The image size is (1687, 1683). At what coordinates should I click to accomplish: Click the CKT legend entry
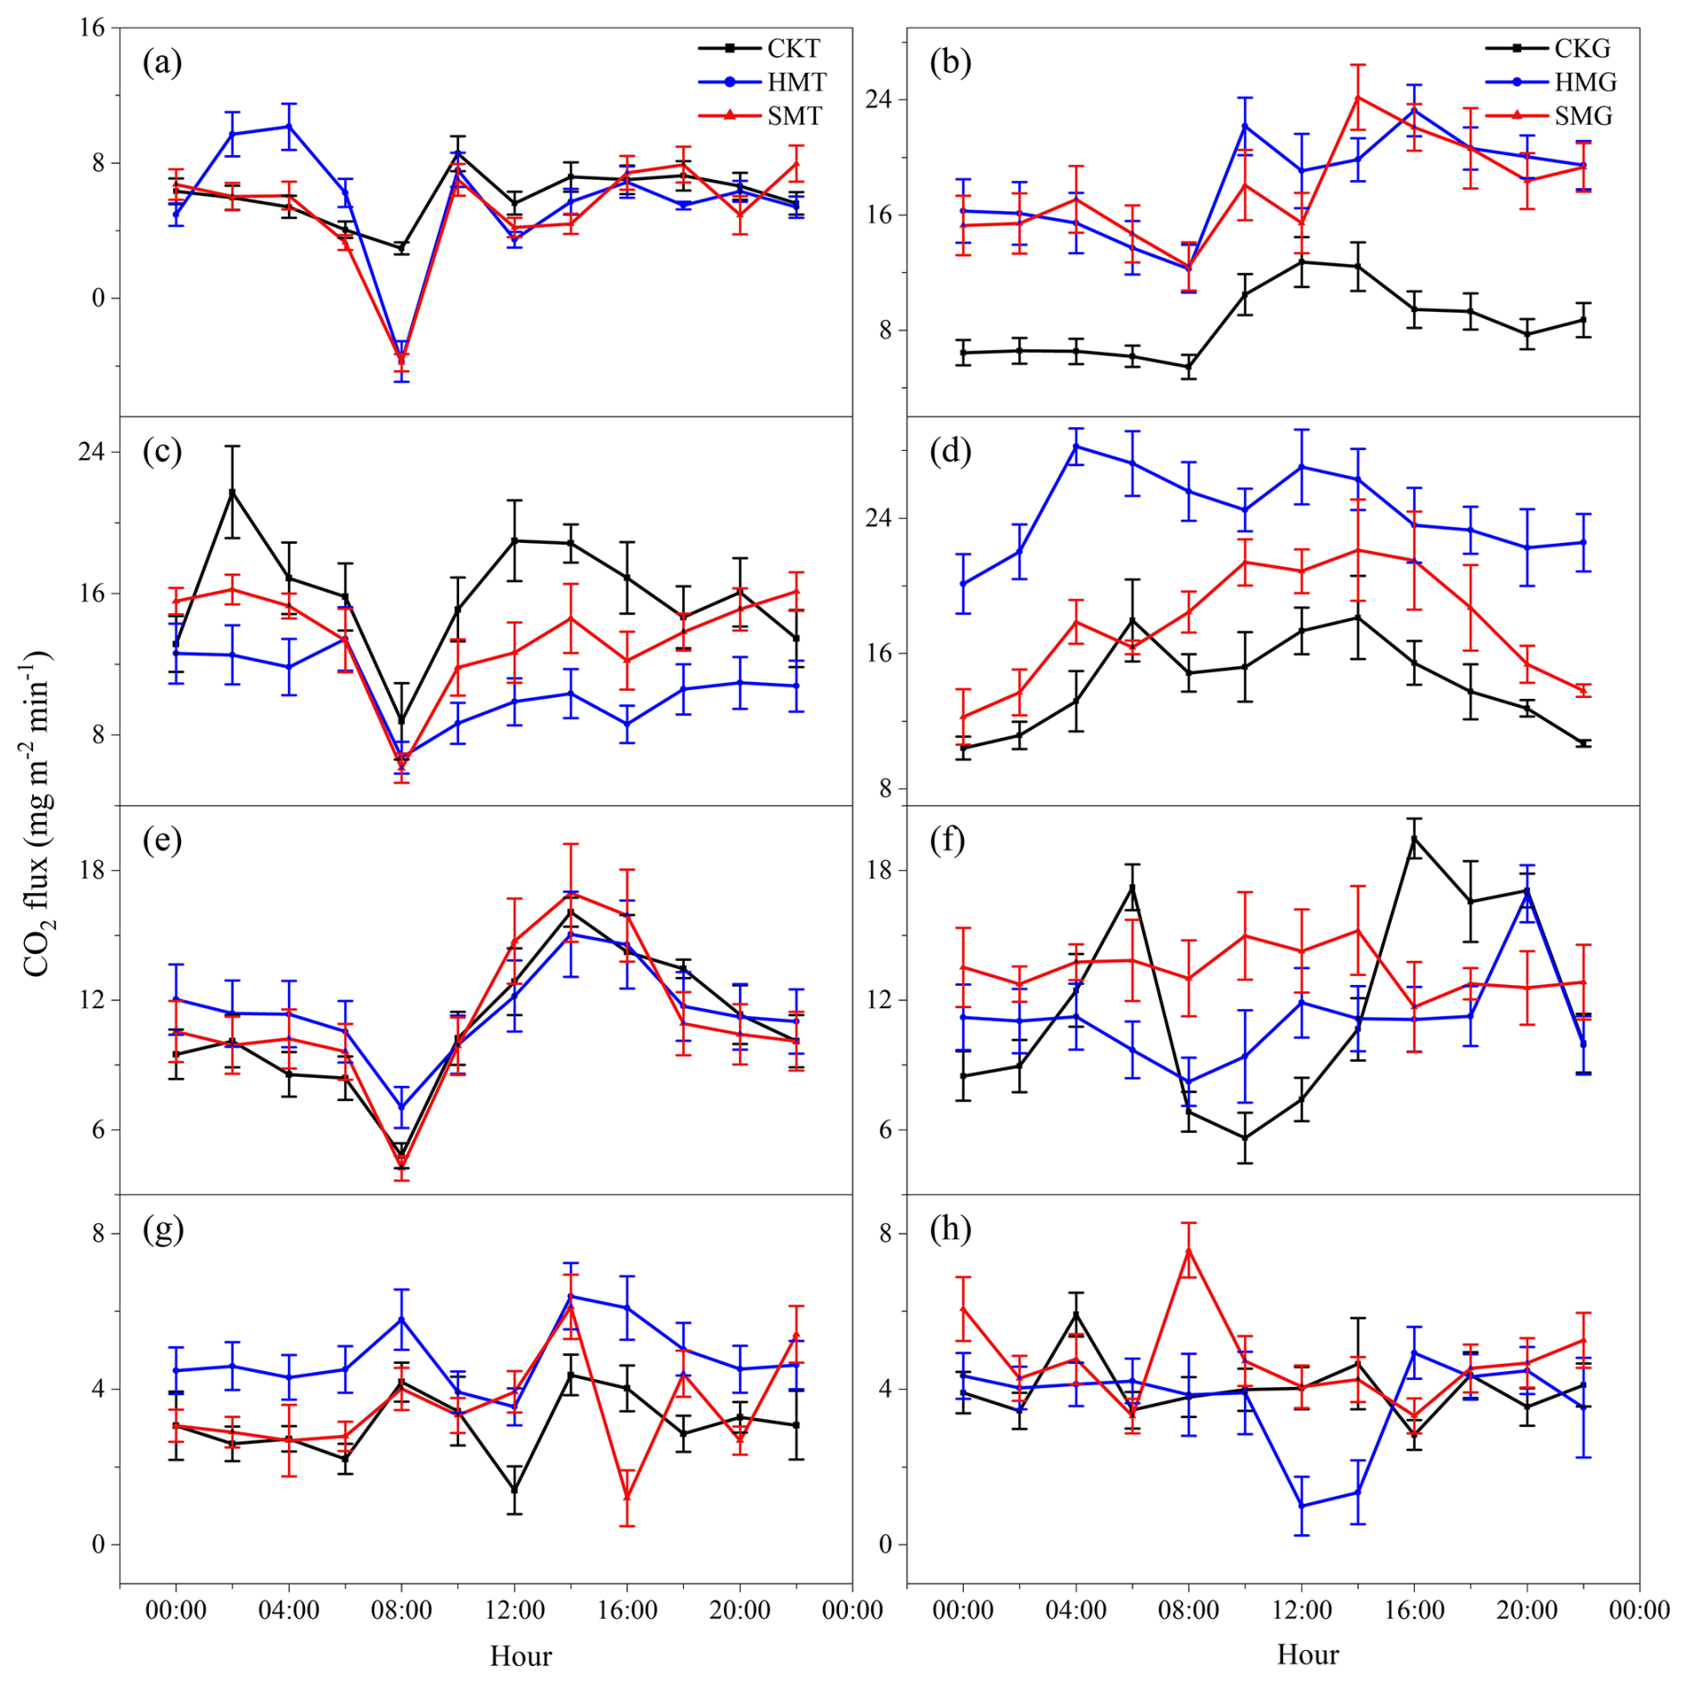click(x=759, y=48)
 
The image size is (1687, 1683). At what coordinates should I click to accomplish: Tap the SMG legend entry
click(x=1549, y=116)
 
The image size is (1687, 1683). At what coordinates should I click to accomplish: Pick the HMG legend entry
click(x=1551, y=82)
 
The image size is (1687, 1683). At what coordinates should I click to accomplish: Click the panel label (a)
click(x=162, y=62)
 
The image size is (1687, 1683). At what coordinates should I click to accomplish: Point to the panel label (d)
click(x=950, y=452)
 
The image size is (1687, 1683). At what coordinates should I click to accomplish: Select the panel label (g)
click(x=162, y=1229)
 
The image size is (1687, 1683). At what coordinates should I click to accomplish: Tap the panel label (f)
click(x=948, y=841)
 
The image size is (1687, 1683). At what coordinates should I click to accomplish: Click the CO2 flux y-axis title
click(x=38, y=813)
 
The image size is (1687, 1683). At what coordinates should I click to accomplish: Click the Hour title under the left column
click(x=521, y=1656)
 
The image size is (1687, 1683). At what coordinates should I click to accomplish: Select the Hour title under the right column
click(x=1308, y=1655)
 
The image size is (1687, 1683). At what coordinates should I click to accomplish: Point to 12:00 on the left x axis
click(x=514, y=1611)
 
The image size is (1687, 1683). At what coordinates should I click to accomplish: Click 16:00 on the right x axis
click(x=1414, y=1611)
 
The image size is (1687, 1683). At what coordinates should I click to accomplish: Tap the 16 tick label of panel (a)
click(x=93, y=29)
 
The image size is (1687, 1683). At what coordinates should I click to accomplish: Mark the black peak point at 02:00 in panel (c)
click(x=232, y=492)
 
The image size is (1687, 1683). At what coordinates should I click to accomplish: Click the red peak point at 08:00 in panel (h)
click(x=1189, y=1250)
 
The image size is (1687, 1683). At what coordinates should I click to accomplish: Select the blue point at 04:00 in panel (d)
click(x=1075, y=446)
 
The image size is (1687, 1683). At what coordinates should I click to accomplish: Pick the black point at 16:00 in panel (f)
click(x=1414, y=838)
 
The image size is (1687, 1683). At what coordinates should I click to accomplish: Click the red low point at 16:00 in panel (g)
click(x=627, y=1496)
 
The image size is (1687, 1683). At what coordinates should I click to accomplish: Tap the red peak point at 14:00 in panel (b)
click(x=1358, y=96)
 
